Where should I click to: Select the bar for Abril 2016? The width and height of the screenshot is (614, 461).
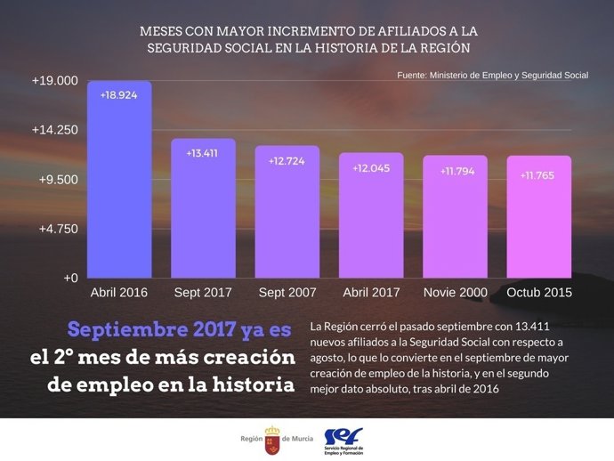tap(118, 182)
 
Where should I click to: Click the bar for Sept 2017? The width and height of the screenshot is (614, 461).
tap(203, 209)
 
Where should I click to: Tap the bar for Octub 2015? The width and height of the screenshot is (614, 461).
tap(538, 218)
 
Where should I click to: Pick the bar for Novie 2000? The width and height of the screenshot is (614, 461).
tap(455, 218)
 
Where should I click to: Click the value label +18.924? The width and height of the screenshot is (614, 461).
tap(118, 94)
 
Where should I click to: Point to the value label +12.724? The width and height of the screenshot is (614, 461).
tap(287, 161)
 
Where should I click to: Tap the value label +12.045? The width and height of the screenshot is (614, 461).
tap(371, 168)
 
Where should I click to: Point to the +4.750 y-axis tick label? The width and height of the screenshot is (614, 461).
tap(57, 229)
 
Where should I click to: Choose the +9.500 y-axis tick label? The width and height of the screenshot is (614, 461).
tap(57, 179)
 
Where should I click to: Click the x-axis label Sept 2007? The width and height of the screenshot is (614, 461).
tap(287, 292)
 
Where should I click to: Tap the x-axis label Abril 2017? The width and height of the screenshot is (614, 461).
tap(371, 292)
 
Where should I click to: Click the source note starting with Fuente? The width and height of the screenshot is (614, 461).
tap(492, 76)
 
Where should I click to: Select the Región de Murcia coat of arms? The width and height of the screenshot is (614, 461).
tap(271, 439)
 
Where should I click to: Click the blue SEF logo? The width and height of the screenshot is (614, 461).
tap(343, 435)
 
